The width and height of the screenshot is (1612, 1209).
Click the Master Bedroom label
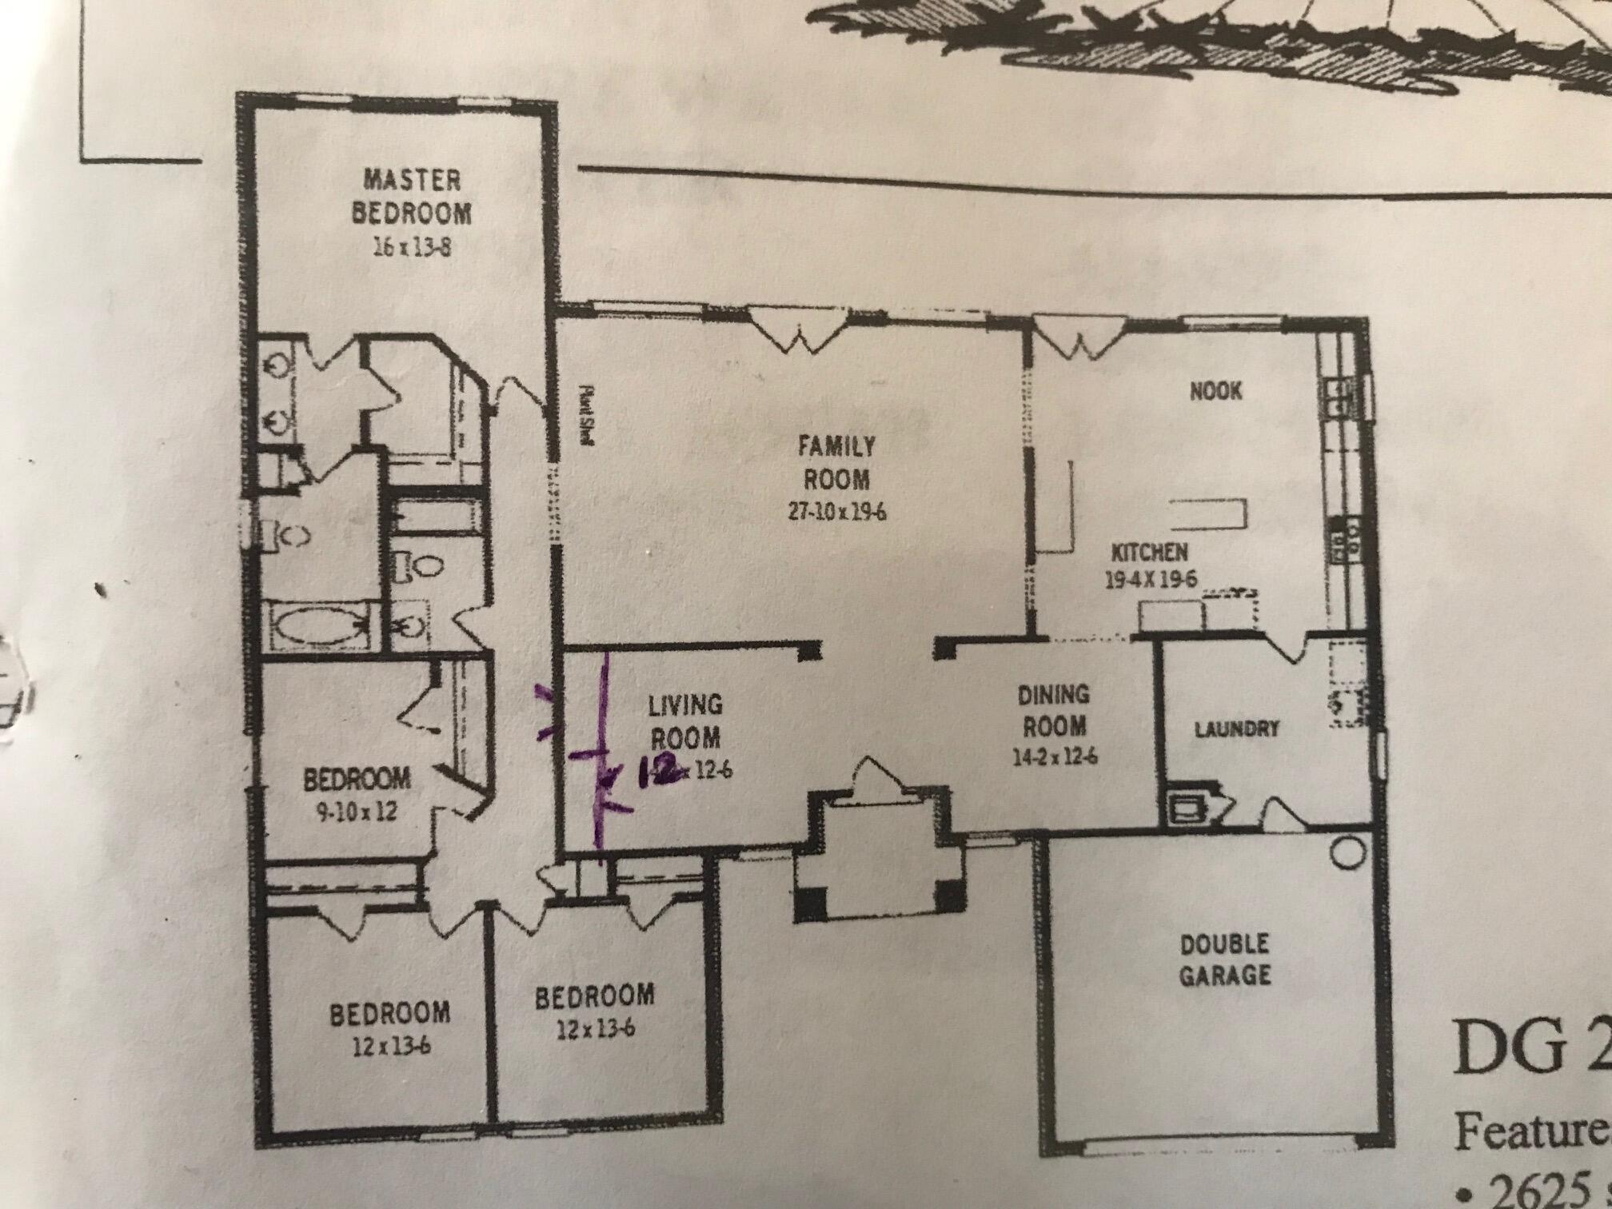(412, 196)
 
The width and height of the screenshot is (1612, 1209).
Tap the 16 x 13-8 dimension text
(412, 247)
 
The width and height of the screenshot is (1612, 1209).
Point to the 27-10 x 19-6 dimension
(837, 513)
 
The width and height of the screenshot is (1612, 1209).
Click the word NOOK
(1216, 391)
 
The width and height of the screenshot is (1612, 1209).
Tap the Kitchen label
(1150, 552)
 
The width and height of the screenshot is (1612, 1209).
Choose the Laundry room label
(1236, 728)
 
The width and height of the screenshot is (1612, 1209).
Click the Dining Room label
(1054, 710)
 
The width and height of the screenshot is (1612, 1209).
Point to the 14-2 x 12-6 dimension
(1054, 757)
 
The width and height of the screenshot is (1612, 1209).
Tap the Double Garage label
(1225, 960)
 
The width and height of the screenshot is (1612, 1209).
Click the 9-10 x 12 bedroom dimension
(356, 813)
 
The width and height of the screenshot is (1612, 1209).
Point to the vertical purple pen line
(601, 752)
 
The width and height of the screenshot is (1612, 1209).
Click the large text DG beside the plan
(1503, 1047)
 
